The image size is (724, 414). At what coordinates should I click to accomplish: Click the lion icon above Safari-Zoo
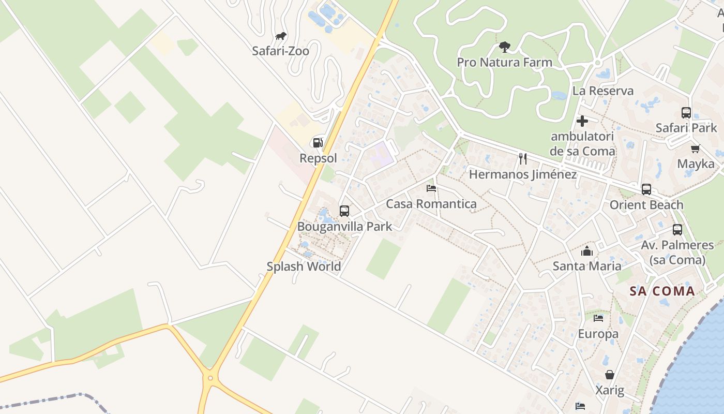281,36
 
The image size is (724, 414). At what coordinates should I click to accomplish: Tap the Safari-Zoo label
280,51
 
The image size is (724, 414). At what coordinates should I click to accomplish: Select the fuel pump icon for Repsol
318,143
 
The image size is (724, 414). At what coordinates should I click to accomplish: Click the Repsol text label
318,158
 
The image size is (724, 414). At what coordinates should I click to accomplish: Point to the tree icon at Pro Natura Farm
504,48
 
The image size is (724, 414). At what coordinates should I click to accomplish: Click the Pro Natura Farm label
504,62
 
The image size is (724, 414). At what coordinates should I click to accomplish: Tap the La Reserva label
602,91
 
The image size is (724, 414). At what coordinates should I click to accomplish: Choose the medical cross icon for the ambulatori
582,121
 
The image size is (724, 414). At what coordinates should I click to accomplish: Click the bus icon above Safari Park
686,113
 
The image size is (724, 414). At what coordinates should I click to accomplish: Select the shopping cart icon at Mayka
696,149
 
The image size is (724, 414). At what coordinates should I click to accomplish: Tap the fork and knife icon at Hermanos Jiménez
523,158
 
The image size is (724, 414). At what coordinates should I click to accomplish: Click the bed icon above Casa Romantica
431,188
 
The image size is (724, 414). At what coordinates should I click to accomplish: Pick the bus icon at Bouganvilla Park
344,211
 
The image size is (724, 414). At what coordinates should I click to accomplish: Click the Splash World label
304,267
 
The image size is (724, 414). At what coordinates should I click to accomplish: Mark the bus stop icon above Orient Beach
646,189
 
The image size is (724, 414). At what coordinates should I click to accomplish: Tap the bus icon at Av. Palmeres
677,230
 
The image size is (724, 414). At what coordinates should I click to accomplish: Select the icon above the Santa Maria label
587,252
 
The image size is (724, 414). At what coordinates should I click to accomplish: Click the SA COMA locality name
662,291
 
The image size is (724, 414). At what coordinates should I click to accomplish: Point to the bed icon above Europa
598,318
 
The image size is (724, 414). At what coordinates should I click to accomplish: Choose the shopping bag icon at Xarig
610,375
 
